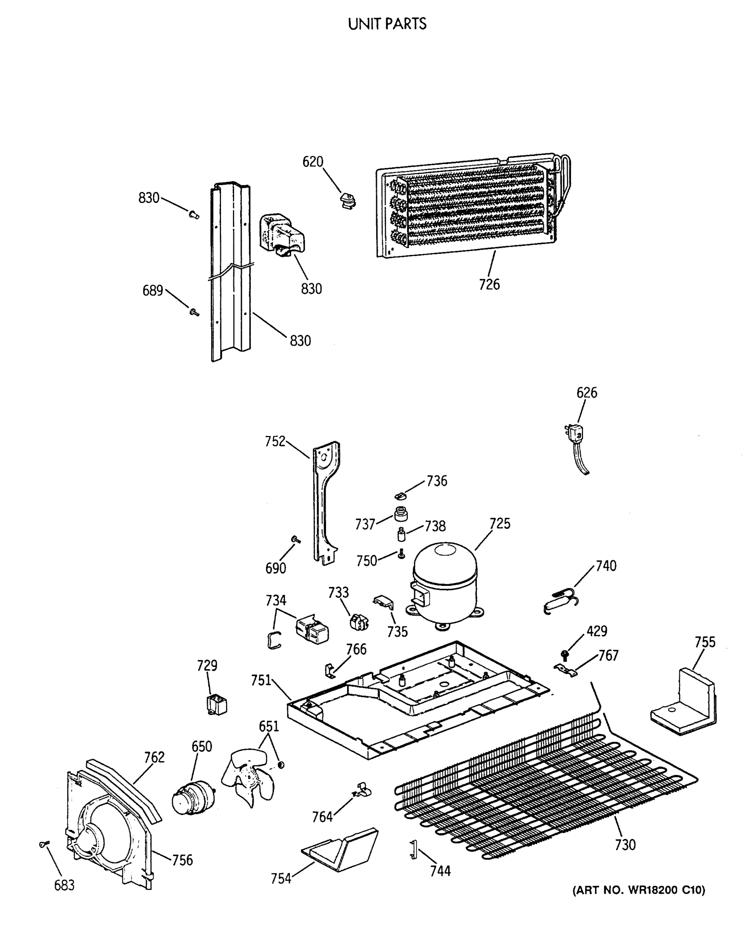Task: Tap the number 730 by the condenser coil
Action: click(625, 845)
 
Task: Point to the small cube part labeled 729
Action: click(216, 705)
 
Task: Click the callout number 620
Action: click(313, 162)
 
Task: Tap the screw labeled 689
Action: click(193, 312)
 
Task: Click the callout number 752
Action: click(275, 441)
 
